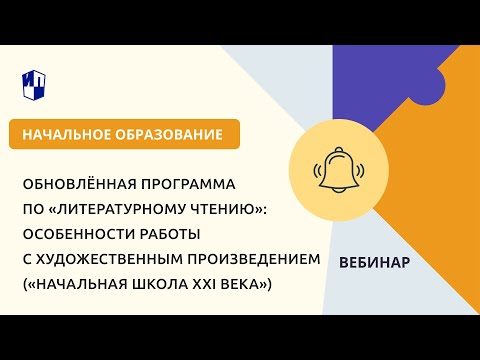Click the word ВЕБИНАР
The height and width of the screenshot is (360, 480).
(374, 262)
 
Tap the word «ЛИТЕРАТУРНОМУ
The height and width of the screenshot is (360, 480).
(130, 209)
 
